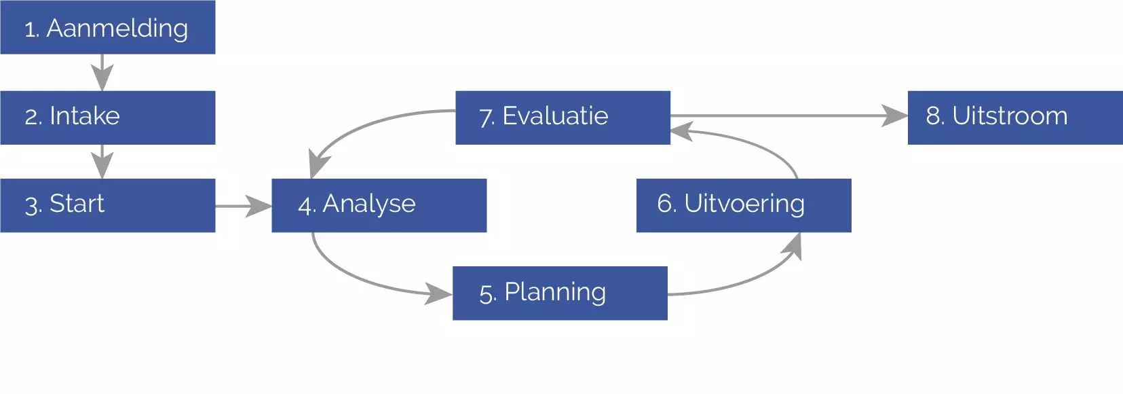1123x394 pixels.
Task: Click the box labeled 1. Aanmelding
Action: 107,27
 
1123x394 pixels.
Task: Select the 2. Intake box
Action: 107,117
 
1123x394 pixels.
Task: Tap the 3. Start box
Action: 107,205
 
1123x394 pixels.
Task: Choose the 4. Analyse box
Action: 379,205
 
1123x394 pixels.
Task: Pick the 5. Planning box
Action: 560,293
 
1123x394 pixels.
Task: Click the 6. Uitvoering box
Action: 743,205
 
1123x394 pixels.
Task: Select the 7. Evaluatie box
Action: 563,117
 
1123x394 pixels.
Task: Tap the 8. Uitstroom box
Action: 1015,117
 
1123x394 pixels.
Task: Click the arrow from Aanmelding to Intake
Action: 102,72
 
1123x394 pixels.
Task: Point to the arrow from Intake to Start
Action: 102,161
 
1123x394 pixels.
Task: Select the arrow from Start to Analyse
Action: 243,205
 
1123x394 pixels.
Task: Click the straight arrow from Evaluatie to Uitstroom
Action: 787,116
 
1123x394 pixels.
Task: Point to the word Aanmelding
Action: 117,28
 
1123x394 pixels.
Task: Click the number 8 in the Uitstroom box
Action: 934,116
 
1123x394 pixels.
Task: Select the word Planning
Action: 555,292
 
